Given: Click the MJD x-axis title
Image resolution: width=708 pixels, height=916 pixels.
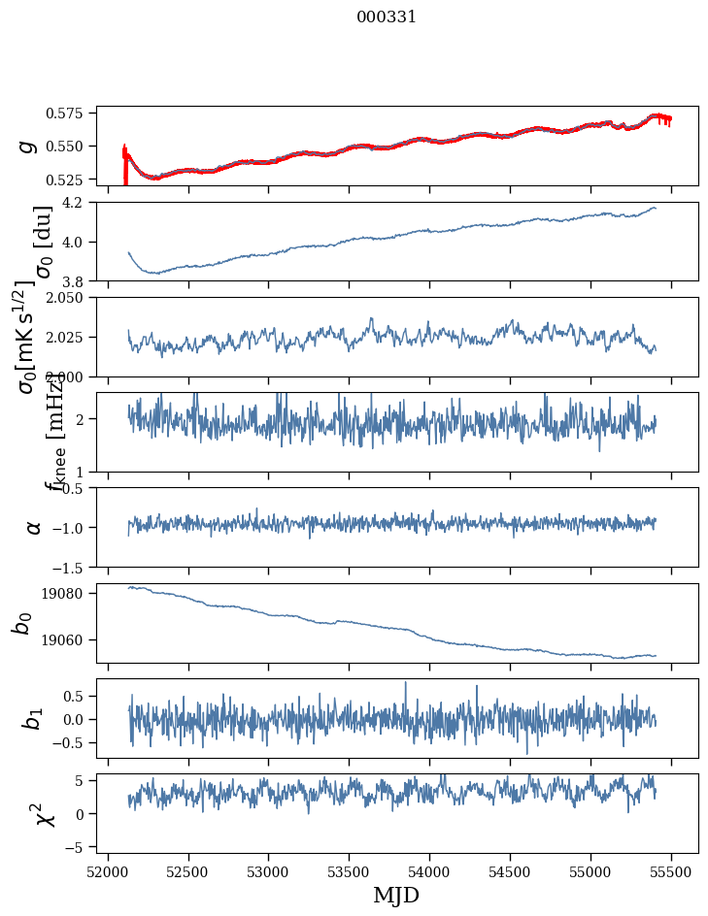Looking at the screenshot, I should point(396,895).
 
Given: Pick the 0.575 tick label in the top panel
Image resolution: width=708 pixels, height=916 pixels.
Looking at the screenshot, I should point(70,114).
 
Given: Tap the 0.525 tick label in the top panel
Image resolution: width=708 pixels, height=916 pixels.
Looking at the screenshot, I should point(70,180).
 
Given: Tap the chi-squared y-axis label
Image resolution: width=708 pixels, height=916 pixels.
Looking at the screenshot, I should point(44,814).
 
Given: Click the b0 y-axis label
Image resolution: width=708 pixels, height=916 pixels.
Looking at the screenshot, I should point(22,623).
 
